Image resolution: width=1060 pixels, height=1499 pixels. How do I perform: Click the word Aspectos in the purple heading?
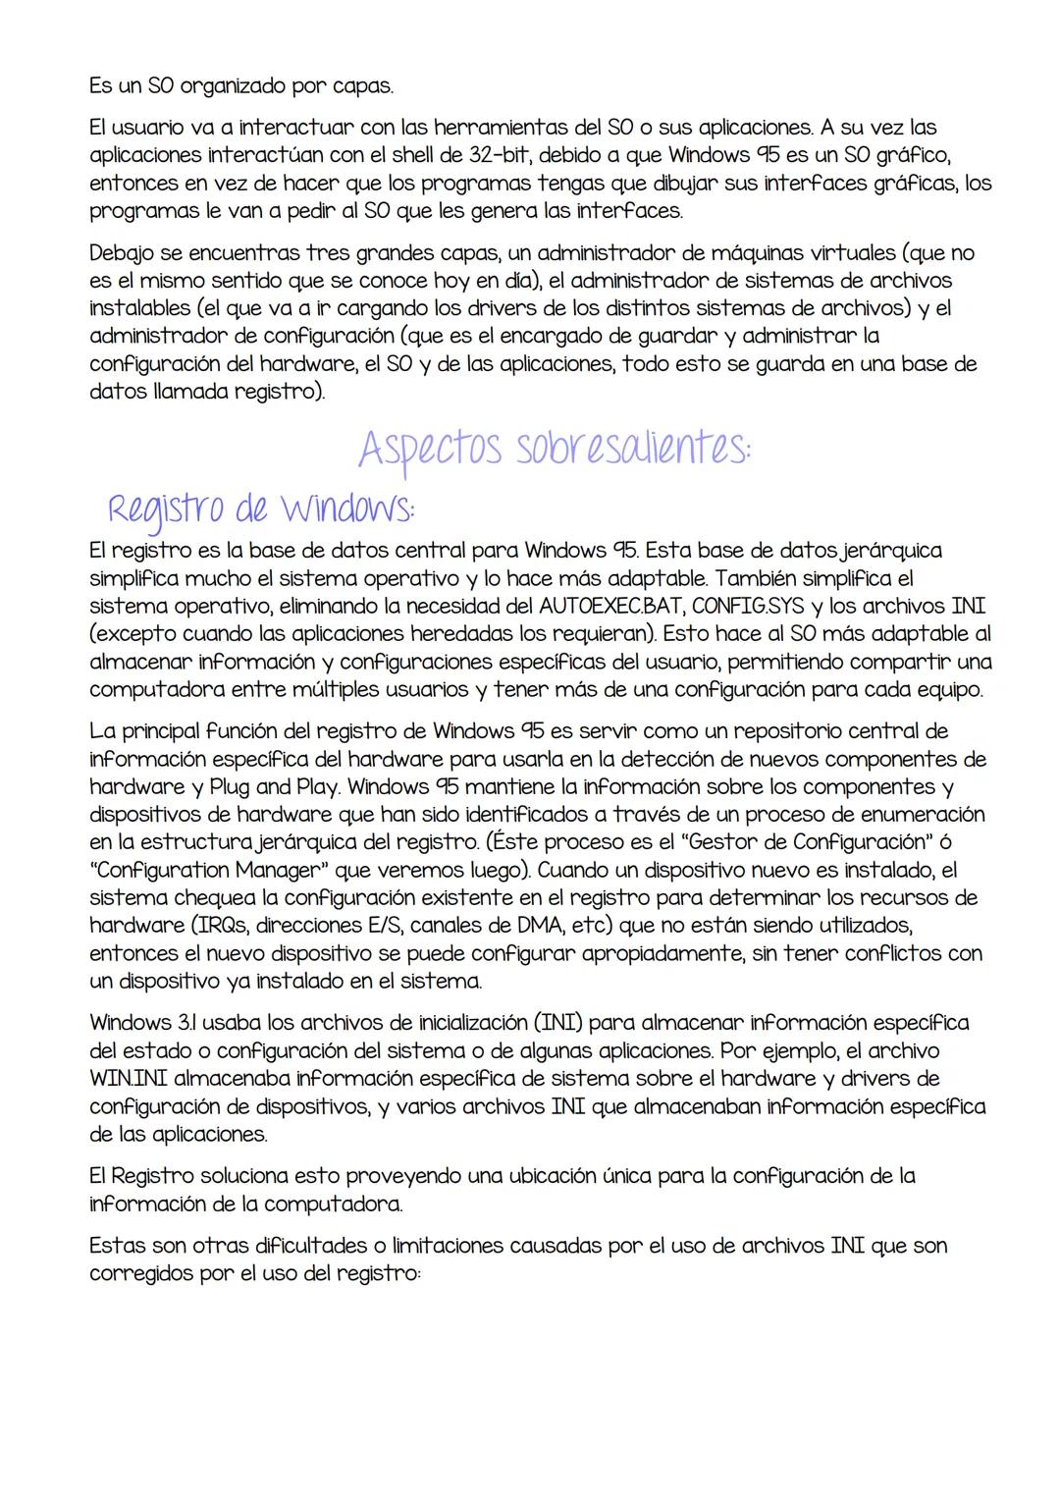(x=430, y=450)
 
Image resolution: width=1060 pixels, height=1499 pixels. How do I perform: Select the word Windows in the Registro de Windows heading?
(x=346, y=509)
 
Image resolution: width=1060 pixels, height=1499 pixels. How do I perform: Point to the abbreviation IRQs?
(x=229, y=926)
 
